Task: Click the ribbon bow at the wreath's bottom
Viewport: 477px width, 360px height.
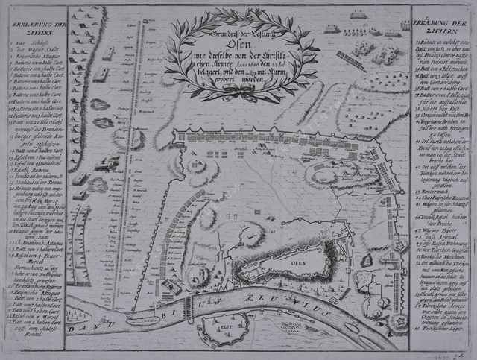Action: [x=239, y=90]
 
